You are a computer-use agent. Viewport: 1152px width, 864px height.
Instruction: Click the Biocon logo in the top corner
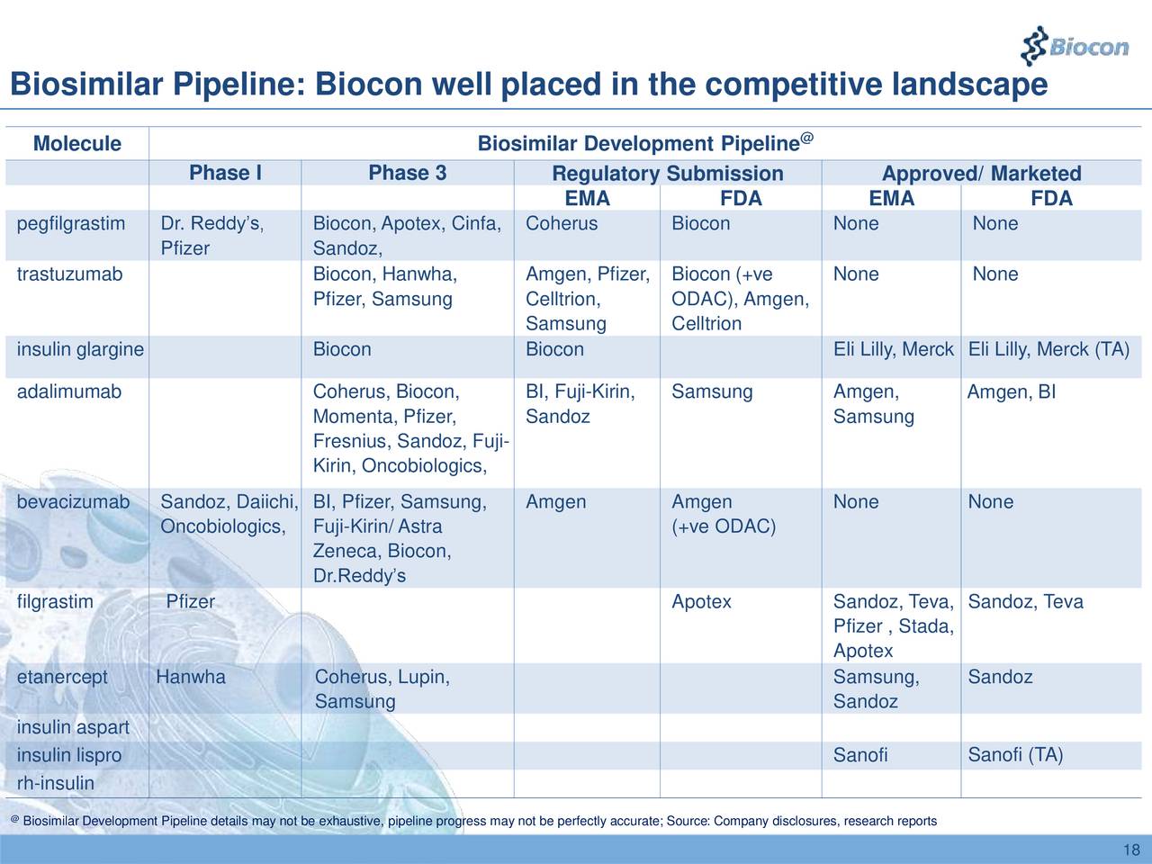1076,44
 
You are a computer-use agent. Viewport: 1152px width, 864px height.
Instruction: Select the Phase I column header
225,173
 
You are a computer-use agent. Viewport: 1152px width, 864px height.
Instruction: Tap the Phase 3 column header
407,173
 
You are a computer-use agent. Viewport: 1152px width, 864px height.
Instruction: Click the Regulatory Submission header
667,174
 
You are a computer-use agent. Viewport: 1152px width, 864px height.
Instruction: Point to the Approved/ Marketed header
981,174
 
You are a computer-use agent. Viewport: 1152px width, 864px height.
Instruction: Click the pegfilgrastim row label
71,223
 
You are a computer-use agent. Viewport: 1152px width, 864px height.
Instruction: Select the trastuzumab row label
69,274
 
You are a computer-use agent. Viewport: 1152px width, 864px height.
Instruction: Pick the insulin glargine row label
80,349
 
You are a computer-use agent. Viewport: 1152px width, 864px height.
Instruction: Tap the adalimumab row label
69,391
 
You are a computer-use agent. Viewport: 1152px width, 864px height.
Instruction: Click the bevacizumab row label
73,501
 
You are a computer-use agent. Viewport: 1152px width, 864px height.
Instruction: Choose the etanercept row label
62,677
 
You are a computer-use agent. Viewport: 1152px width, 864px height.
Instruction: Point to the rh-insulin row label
55,783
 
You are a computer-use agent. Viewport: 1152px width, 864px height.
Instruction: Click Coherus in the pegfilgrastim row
562,223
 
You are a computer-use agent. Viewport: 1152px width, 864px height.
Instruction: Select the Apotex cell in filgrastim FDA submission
701,601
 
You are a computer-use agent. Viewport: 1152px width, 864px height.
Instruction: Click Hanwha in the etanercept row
191,677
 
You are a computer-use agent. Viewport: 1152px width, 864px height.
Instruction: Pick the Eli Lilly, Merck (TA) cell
1048,349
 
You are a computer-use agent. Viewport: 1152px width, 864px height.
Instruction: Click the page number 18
1132,851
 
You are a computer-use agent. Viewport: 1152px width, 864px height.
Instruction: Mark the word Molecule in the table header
76,144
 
